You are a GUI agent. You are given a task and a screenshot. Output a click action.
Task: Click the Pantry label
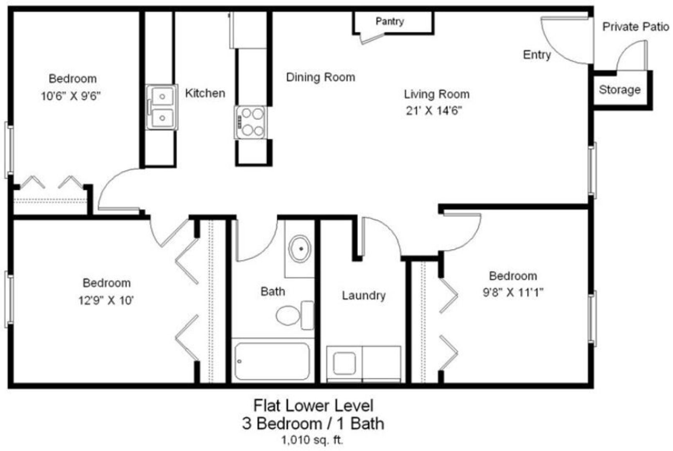click(390, 21)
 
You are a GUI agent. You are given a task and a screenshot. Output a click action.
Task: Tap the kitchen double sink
click(162, 107)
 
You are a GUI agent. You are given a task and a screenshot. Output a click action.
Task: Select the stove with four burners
click(250, 122)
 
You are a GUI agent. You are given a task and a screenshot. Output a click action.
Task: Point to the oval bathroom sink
click(300, 248)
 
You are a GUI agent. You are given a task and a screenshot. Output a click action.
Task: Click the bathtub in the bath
click(272, 361)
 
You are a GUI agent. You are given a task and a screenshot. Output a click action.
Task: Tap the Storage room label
click(620, 89)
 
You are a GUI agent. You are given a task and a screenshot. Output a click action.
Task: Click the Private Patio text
click(636, 27)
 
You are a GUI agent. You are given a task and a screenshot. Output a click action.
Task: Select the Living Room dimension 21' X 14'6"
click(434, 111)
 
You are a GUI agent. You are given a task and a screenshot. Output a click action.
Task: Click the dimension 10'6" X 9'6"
click(71, 96)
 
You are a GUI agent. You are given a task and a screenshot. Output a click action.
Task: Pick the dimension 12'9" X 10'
click(106, 300)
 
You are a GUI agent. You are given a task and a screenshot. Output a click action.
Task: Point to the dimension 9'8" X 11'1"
click(513, 292)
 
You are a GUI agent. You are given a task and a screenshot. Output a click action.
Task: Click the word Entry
click(537, 55)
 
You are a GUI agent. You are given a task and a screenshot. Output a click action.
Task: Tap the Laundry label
click(364, 296)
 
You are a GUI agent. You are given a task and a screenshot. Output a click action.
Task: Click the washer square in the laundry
click(344, 363)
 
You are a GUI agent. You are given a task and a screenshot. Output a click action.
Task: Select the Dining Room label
click(321, 77)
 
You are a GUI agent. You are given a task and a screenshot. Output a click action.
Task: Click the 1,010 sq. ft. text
click(312, 440)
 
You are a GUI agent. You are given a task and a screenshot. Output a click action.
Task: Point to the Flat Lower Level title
click(314, 405)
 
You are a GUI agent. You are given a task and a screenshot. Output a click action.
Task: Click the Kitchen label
click(205, 93)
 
